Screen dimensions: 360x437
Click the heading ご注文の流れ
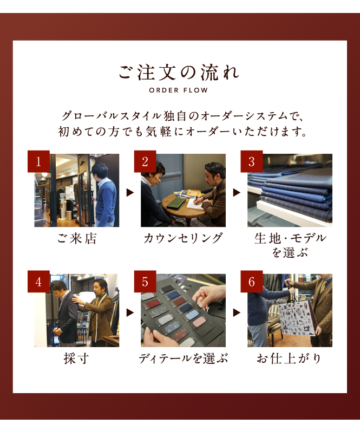click(179, 73)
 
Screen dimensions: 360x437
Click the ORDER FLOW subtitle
click(179, 90)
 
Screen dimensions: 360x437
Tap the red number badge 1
click(38, 161)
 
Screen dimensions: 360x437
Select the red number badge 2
click(145, 161)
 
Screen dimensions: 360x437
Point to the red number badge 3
click(252, 161)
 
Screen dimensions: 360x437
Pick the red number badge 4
click(38, 282)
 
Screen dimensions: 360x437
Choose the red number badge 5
click(145, 282)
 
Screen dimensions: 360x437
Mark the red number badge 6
click(252, 282)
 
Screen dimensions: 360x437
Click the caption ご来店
click(77, 239)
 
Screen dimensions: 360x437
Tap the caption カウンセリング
click(183, 239)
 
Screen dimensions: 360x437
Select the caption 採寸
click(77, 358)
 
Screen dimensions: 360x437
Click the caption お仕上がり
click(289, 358)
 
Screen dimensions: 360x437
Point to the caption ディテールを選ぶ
click(183, 358)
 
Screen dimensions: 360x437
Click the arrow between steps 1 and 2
click(130, 193)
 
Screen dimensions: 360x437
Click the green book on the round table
click(177, 203)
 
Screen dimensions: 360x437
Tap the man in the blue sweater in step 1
click(103, 194)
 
